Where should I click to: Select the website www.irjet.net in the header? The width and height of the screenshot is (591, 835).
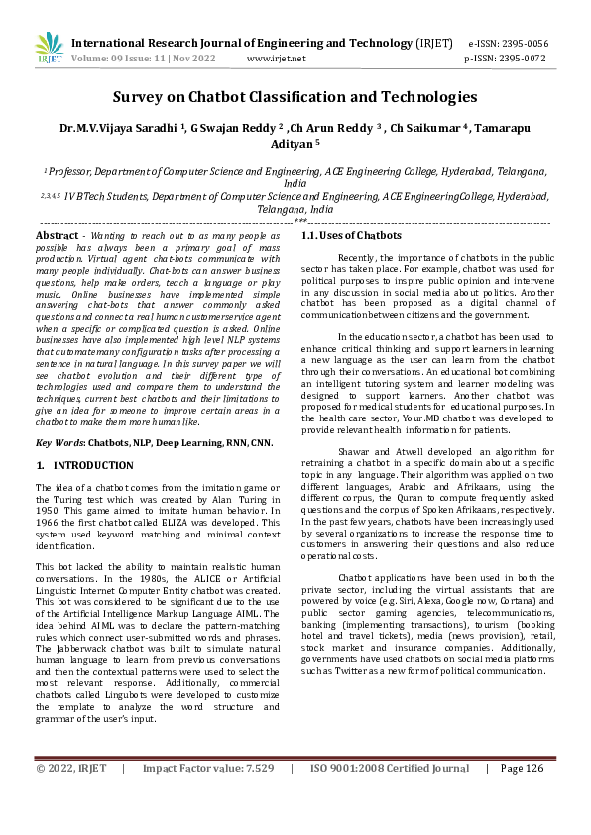click(276, 59)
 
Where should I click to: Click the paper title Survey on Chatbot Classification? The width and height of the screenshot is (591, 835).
click(295, 97)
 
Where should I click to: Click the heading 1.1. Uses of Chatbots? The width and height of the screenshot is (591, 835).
click(351, 236)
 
